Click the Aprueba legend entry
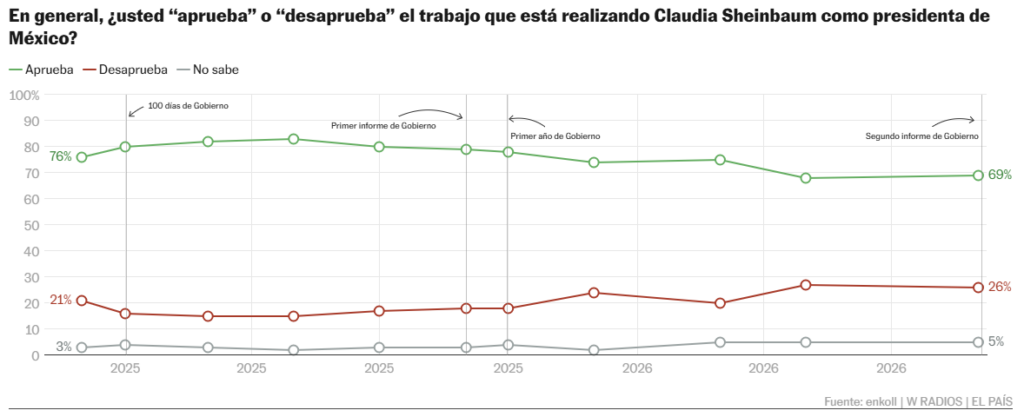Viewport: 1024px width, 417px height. pyautogui.click(x=41, y=70)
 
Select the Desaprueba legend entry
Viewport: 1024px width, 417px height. pyautogui.click(x=125, y=70)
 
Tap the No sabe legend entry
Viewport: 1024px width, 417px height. pyautogui.click(x=208, y=70)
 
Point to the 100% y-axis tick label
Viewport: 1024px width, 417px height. pyautogui.click(x=24, y=95)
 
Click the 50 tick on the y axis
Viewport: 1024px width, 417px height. pyautogui.click(x=33, y=225)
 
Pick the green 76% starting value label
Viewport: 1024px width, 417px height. pyautogui.click(x=60, y=157)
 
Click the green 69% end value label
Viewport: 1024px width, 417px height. pyautogui.click(x=1000, y=175)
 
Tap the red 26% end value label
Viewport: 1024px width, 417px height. pyautogui.click(x=1000, y=287)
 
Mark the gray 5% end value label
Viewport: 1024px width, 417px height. pyautogui.click(x=996, y=342)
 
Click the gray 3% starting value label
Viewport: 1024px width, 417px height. pyautogui.click(x=63, y=347)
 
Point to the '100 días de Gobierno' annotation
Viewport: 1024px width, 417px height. pyautogui.click(x=188, y=106)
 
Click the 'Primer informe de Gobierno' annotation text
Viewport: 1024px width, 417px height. pyautogui.click(x=383, y=125)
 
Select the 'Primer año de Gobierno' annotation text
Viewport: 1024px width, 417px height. pyautogui.click(x=554, y=136)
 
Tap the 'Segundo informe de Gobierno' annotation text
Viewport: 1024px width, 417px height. pyautogui.click(x=922, y=136)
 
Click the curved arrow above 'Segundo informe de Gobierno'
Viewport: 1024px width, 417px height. pyautogui.click(x=952, y=118)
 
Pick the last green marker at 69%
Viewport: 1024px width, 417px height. pyautogui.click(x=978, y=176)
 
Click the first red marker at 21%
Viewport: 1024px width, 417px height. pyautogui.click(x=82, y=301)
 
